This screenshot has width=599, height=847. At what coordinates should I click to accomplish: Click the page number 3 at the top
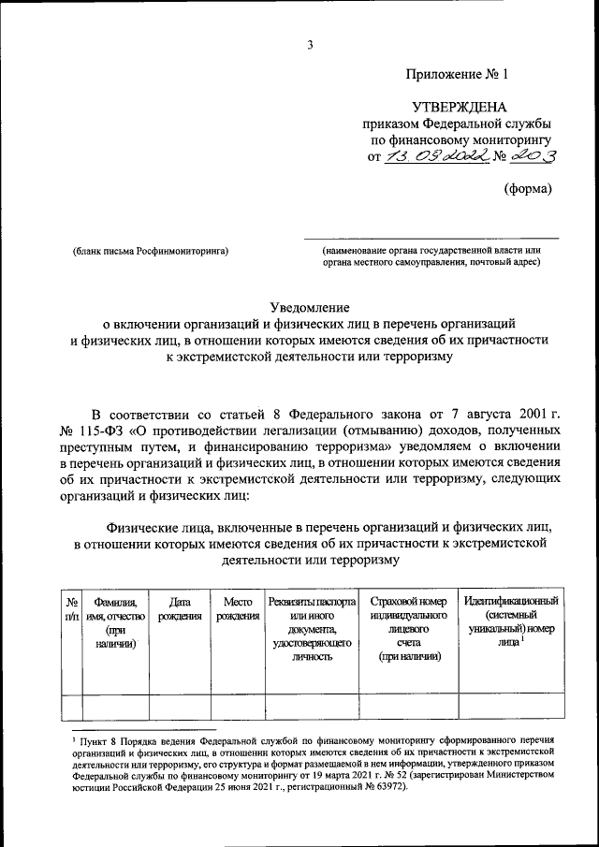pos(309,45)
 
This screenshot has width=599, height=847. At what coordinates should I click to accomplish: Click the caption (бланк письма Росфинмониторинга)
pos(151,251)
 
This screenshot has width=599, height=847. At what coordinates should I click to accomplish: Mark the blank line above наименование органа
pos(431,238)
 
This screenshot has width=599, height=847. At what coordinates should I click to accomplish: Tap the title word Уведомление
pos(310,306)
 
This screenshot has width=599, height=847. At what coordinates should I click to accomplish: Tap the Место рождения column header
pos(238,608)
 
